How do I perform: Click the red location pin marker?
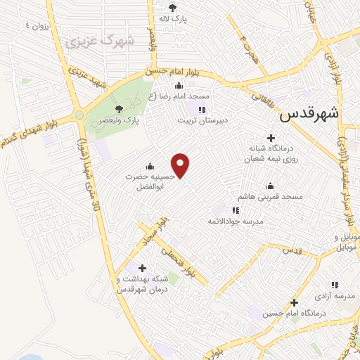tap(181, 166)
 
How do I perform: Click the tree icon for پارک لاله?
tap(171, 8)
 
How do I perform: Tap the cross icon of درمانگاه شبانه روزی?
tap(271, 138)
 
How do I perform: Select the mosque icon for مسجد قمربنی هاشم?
tap(271, 186)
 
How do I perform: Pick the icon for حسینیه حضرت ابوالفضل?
tap(149, 167)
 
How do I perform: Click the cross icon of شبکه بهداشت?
tap(143, 268)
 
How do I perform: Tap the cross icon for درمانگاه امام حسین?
tap(294, 302)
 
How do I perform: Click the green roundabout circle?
tap(79, 115)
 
